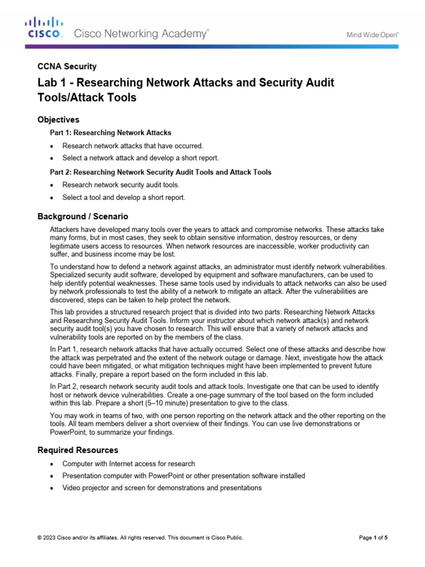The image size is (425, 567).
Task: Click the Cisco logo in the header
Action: point(45,28)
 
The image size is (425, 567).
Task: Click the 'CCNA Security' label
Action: point(66,66)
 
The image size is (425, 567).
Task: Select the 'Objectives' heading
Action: point(58,120)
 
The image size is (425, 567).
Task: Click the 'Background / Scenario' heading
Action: point(82,217)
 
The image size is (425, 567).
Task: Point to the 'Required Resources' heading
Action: point(77,450)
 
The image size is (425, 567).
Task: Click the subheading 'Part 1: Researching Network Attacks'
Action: point(111,133)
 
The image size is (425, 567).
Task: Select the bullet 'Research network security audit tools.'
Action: point(121,185)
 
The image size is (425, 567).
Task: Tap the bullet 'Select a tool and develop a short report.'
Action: point(123,198)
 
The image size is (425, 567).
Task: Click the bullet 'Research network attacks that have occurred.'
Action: point(133,146)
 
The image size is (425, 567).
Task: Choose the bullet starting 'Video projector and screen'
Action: point(162,488)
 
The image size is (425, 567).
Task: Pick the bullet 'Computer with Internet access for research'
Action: point(128,463)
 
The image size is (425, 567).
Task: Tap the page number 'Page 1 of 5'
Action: point(373,538)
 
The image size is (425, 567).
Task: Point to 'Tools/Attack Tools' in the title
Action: point(86,98)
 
